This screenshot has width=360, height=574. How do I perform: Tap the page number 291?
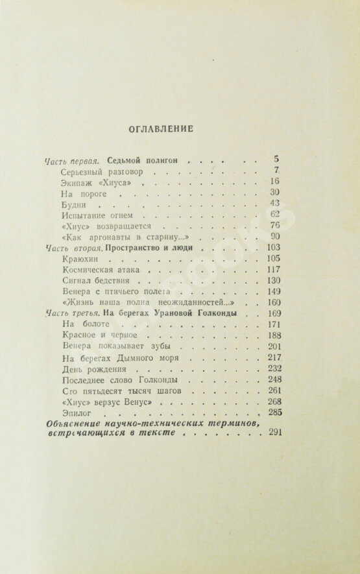(273, 435)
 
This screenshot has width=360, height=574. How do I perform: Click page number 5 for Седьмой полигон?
(276, 159)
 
